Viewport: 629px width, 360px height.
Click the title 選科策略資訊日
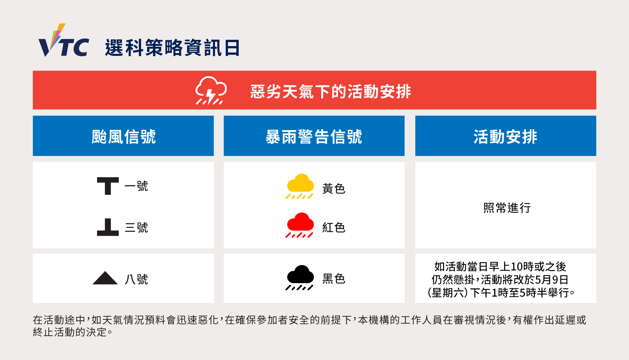[173, 48]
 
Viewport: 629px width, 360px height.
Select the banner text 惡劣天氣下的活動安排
[331, 91]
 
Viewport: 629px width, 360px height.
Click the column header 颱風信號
[124, 136]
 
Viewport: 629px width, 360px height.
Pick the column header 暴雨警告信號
[314, 136]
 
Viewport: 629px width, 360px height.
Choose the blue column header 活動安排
[505, 136]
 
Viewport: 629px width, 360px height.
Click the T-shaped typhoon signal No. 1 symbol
[108, 186]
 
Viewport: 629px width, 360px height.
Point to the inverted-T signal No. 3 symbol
[108, 227]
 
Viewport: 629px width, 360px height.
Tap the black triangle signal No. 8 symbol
[105, 278]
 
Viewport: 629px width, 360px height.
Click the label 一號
[136, 186]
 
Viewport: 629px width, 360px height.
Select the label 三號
[136, 227]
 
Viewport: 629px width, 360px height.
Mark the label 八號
[136, 279]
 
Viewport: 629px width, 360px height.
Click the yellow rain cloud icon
[300, 186]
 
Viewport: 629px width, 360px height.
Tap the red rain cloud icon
[300, 225]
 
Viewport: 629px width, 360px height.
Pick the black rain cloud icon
[300, 278]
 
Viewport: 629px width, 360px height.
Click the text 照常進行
[507, 208]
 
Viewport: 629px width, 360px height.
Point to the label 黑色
[334, 279]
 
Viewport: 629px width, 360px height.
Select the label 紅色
[334, 227]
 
